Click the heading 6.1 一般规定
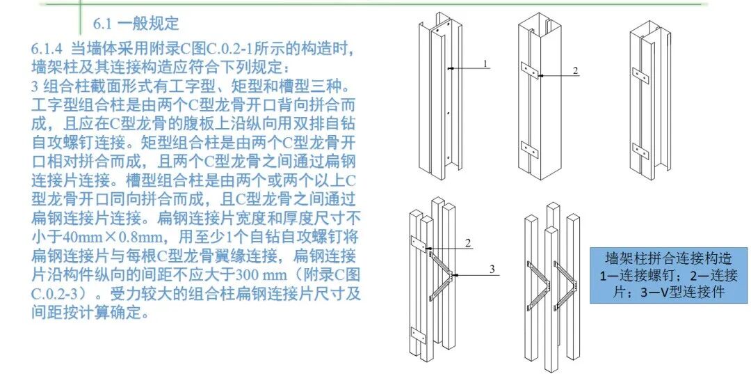pos(136,24)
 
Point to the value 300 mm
pos(239,273)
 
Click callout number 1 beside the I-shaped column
pos(486,63)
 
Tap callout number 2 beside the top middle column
pos(575,71)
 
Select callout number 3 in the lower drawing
pos(492,270)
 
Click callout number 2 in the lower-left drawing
pos(468,243)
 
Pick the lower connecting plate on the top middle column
pos(531,148)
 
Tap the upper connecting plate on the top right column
pos(640,70)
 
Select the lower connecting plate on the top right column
pos(640,148)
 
